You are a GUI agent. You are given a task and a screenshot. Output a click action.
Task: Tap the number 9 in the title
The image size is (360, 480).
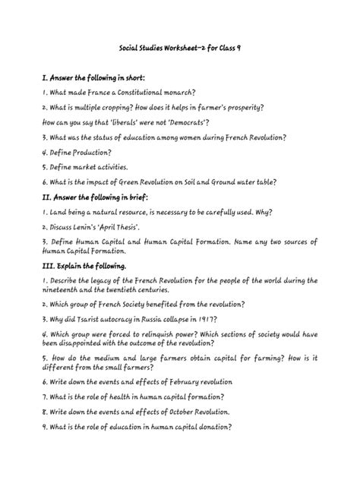pyautogui.click(x=247, y=47)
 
